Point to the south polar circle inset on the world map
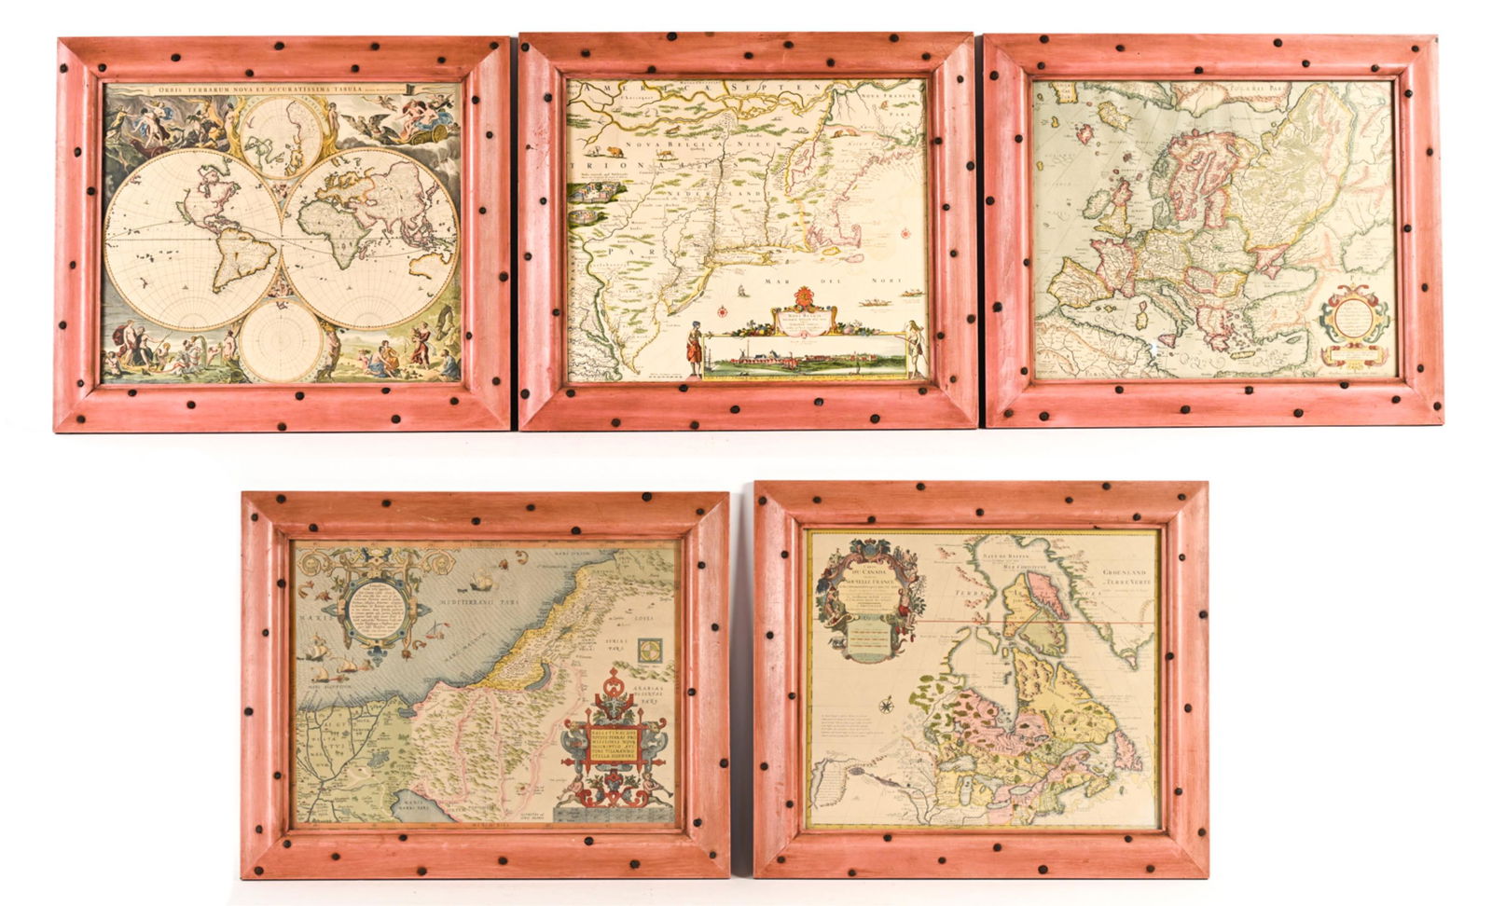[x=281, y=339]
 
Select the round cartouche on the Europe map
[x=1354, y=317]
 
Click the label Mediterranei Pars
[x=466, y=605]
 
